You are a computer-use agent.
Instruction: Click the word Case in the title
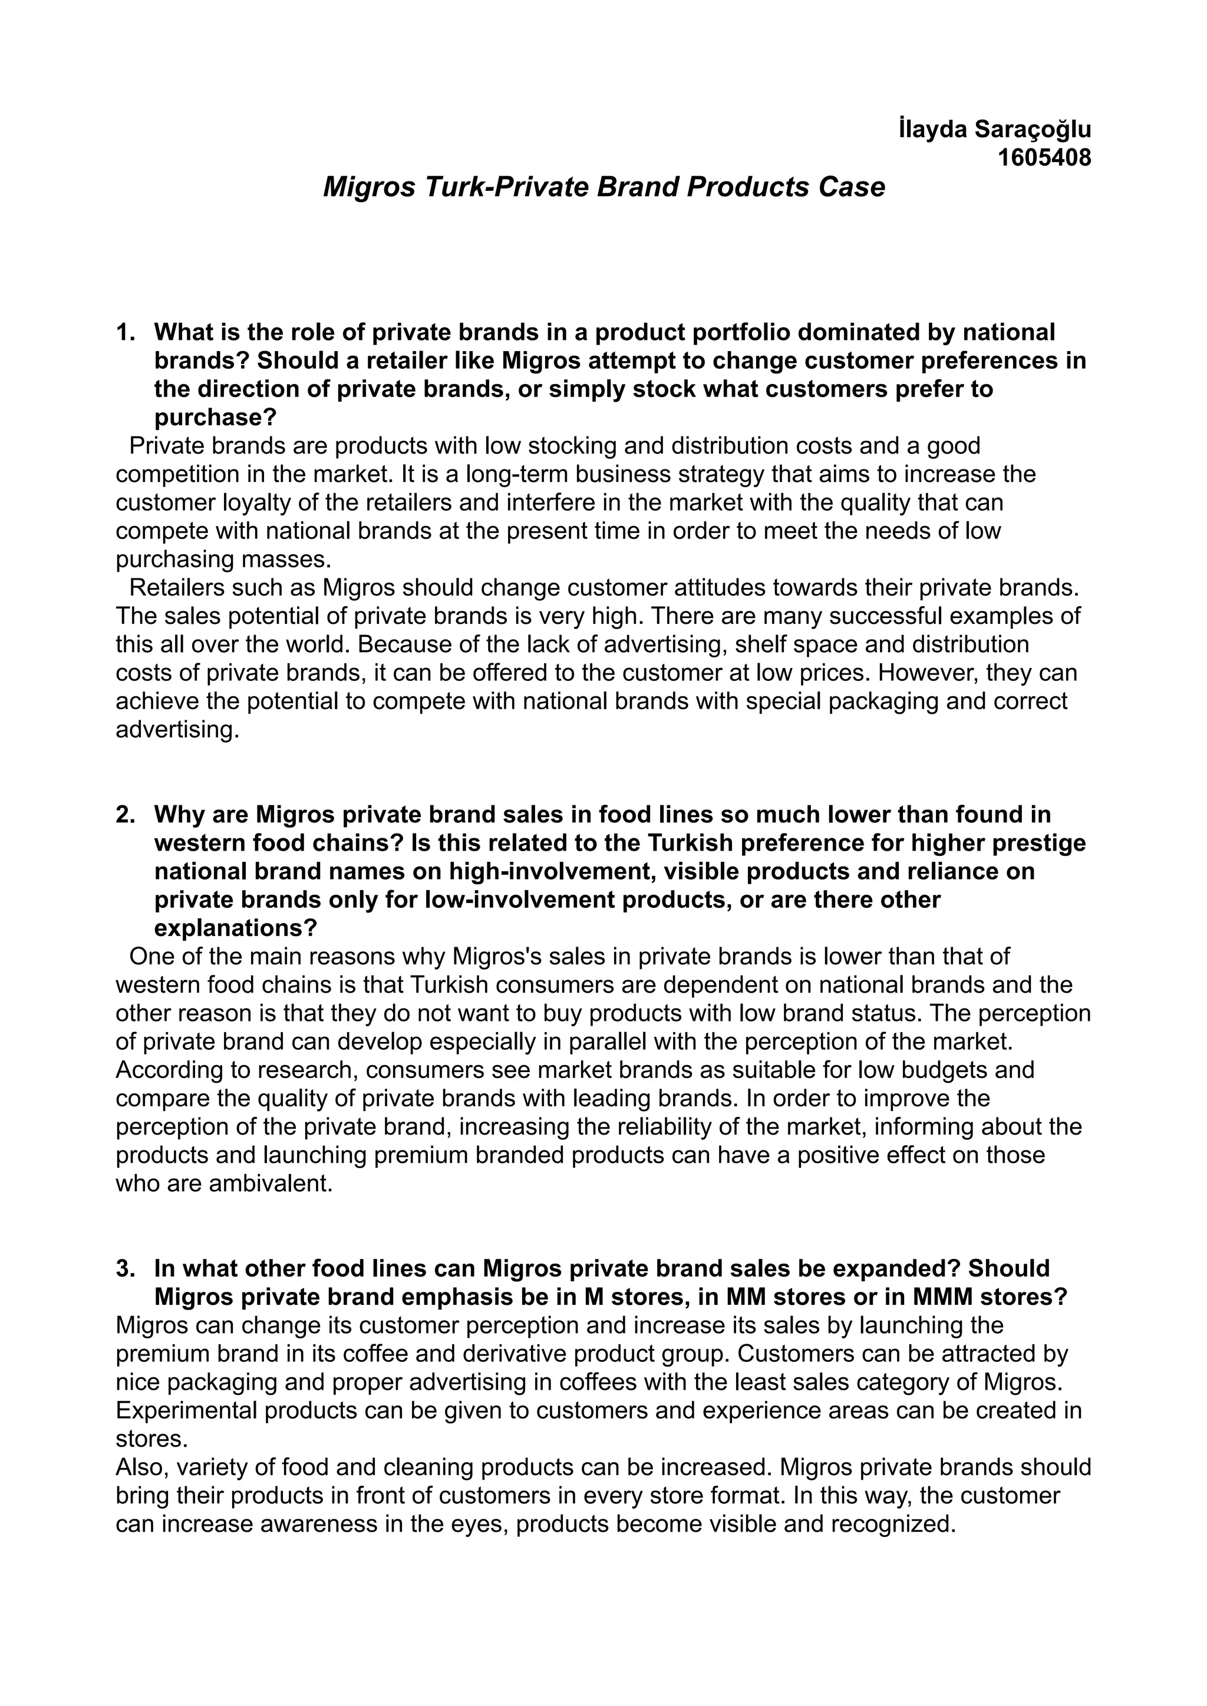pos(852,187)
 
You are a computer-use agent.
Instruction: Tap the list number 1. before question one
pos(126,332)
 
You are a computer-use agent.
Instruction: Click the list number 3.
pos(126,1268)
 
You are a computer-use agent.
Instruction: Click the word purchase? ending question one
pos(216,418)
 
